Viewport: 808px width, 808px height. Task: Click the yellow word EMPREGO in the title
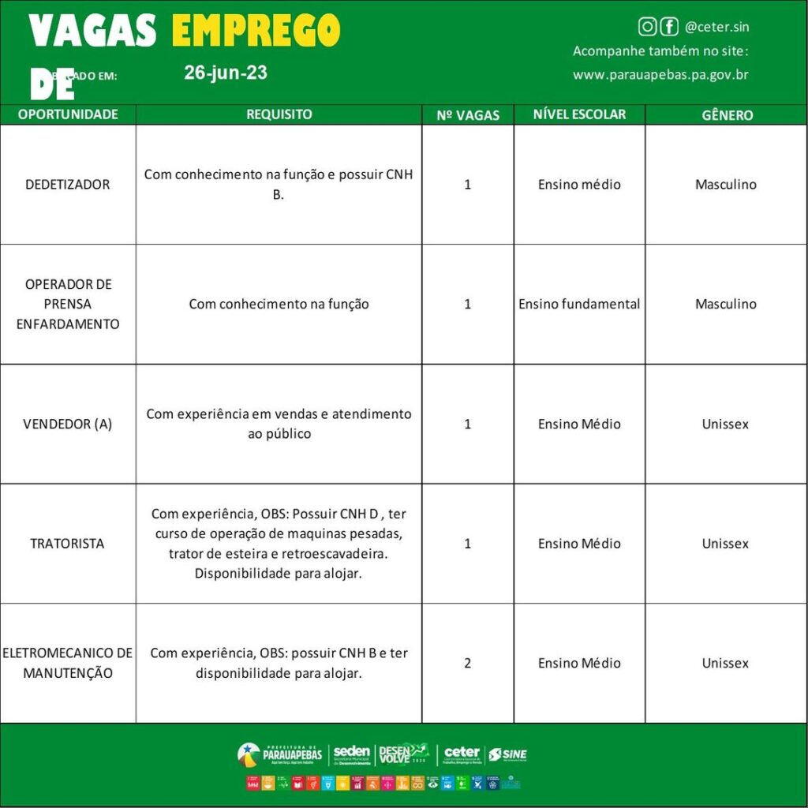(x=256, y=32)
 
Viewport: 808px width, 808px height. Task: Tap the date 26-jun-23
(x=226, y=73)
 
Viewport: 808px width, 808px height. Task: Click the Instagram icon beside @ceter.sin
(x=647, y=27)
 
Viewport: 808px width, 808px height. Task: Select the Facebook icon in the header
(x=669, y=27)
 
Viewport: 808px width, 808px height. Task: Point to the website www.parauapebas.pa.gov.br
(x=660, y=75)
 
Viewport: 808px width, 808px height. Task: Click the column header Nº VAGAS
(x=468, y=115)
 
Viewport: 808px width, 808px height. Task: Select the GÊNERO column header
(x=727, y=115)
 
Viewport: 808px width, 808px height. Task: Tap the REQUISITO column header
(x=279, y=114)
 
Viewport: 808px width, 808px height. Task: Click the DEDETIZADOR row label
(x=68, y=185)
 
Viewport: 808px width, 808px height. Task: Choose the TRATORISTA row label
(x=68, y=544)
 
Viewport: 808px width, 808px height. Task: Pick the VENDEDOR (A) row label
(x=68, y=424)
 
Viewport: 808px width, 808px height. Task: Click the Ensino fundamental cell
(x=579, y=304)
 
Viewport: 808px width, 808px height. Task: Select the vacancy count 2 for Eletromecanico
(x=468, y=664)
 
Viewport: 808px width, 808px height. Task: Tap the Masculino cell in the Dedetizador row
(x=726, y=185)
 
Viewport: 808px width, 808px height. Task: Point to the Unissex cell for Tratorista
(x=726, y=544)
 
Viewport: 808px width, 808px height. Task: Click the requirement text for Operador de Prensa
(x=279, y=304)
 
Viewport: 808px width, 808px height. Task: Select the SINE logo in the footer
(x=507, y=754)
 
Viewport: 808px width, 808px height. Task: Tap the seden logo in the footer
(x=351, y=754)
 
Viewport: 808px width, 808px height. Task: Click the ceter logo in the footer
(x=462, y=754)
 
